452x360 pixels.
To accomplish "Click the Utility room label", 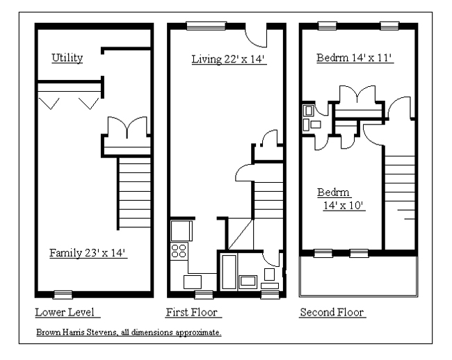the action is tap(67, 58).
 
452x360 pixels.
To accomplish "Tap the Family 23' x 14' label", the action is tap(88, 253).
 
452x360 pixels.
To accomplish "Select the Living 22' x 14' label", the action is tap(229, 59).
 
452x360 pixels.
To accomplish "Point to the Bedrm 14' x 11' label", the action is tap(355, 58).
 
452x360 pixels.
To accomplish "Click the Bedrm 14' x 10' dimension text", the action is tap(344, 206).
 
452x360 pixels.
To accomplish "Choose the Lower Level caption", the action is tap(67, 312).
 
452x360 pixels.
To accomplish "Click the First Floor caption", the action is tap(193, 312).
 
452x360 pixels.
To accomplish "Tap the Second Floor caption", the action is tap(332, 312).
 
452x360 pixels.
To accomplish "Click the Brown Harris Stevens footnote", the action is tap(129, 332).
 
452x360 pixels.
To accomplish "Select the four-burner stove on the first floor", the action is tap(179, 251).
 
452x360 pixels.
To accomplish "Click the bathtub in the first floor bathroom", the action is tap(229, 272).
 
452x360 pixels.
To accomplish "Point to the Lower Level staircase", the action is tap(134, 193).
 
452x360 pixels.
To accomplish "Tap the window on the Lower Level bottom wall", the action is tap(63, 295).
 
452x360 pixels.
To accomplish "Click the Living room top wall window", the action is tap(206, 26).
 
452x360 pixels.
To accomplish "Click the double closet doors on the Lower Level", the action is tap(127, 126).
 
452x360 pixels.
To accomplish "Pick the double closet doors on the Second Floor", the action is tap(357, 95).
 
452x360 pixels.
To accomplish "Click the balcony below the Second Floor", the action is tap(358, 276).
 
